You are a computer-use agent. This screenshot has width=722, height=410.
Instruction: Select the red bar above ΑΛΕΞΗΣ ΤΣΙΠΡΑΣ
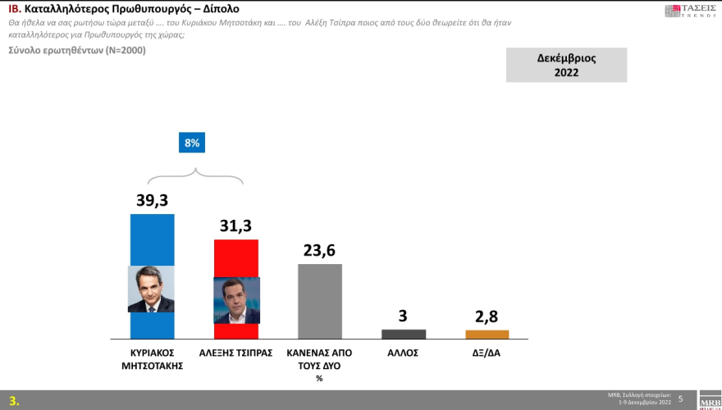coord(236,258)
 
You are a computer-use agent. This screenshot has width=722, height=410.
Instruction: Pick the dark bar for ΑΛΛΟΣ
coord(404,334)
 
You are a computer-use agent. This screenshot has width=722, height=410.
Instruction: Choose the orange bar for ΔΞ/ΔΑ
coord(487,335)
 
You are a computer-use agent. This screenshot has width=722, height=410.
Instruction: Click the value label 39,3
coord(153,200)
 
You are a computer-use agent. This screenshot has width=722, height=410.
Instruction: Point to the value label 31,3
coord(236,225)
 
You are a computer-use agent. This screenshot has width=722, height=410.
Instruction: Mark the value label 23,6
coord(320,250)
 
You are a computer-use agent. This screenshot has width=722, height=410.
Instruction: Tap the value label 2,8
coord(487,316)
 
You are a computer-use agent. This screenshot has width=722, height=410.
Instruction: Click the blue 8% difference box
coord(193,143)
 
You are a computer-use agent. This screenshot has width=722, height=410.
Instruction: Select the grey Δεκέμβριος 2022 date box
coord(566,65)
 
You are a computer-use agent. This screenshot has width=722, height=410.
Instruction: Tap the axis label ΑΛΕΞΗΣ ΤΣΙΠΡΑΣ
coord(236,353)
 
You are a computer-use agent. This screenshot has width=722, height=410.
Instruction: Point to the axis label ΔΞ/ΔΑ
coord(487,353)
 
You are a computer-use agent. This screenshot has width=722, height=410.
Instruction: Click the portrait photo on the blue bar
coord(152,289)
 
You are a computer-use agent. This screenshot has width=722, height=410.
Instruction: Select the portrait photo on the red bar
coord(236,300)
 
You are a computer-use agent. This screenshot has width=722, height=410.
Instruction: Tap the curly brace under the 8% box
coord(194,175)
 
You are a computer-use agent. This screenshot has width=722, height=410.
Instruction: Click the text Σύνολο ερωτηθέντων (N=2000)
coord(65,51)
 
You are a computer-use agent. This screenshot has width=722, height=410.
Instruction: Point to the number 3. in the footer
coord(14,401)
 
